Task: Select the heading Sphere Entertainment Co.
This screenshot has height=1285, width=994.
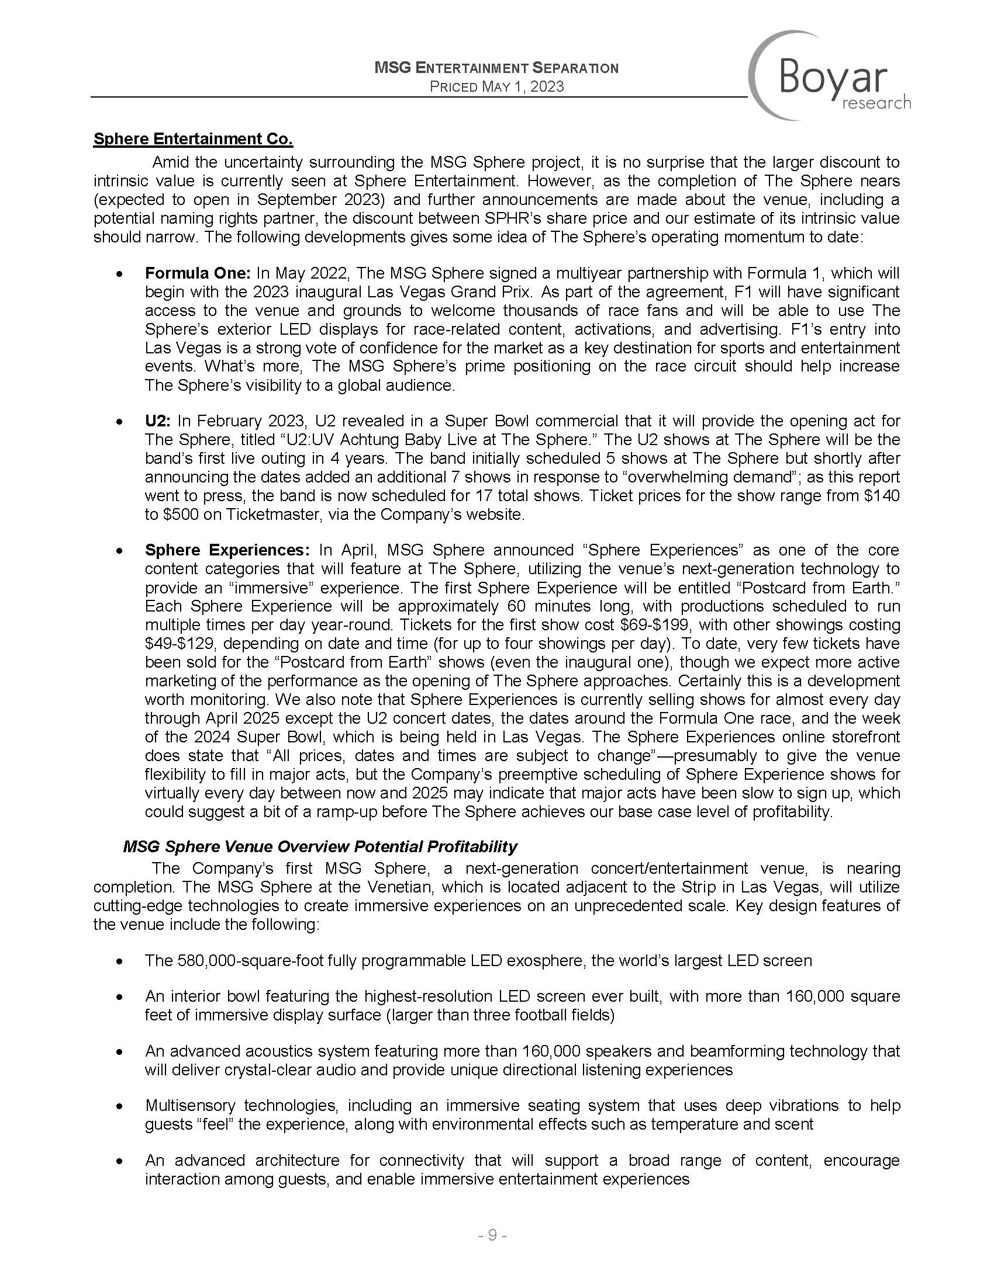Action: pyautogui.click(x=193, y=140)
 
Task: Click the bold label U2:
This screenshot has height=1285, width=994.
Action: pyautogui.click(x=158, y=421)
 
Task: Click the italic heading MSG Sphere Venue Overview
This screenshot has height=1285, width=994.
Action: pyautogui.click(x=320, y=847)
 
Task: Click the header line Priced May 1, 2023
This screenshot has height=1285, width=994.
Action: pyautogui.click(x=496, y=87)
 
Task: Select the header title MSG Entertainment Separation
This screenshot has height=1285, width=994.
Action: pyautogui.click(x=496, y=68)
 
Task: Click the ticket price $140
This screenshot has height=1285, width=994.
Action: pyautogui.click(x=881, y=496)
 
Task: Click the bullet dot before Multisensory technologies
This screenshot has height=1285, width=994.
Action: pyautogui.click(x=120, y=1107)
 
